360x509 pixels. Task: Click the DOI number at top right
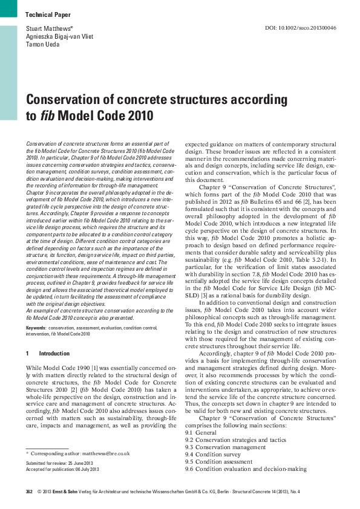pos(301,28)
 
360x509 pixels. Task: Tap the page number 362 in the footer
pos(29,493)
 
